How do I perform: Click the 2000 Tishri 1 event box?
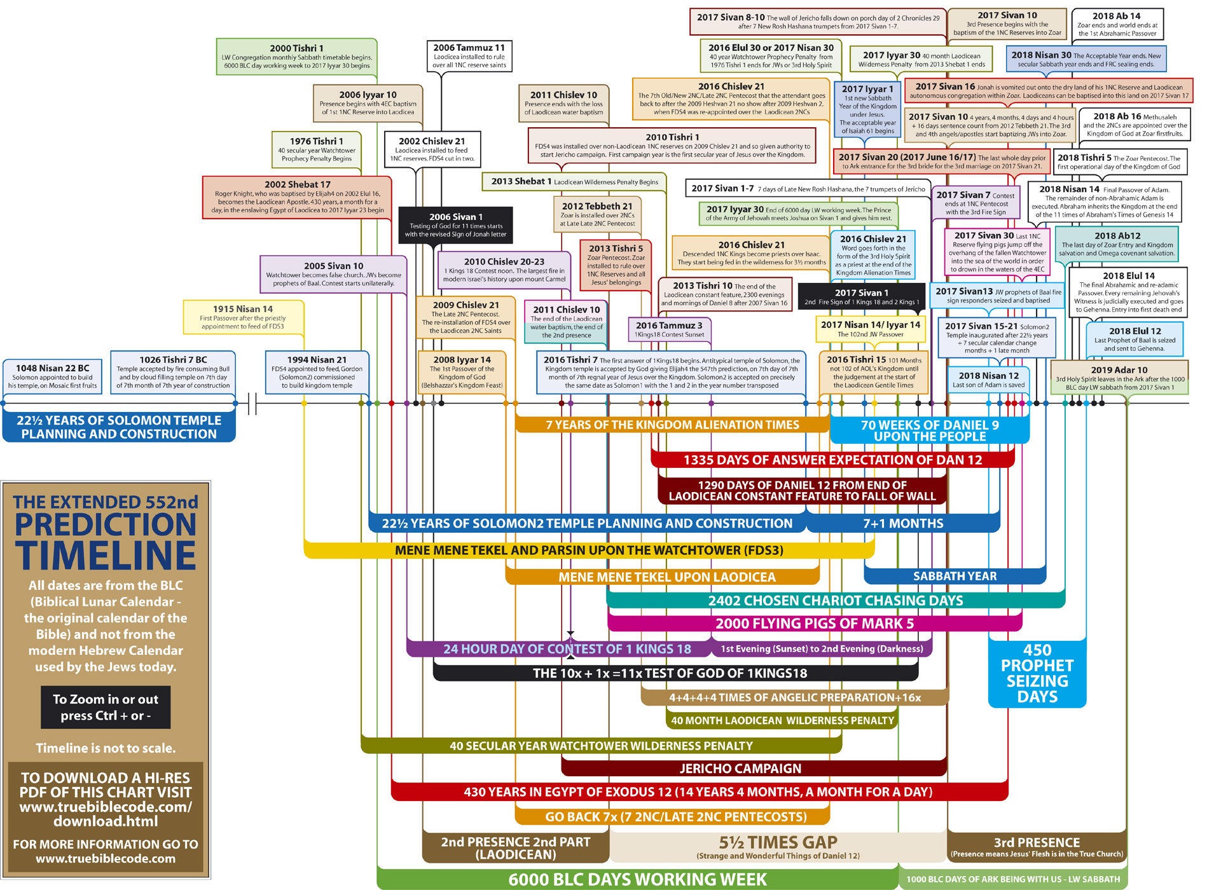pyautogui.click(x=296, y=57)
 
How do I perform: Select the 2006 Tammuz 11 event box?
pyautogui.click(x=469, y=56)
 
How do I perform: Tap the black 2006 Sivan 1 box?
pyautogui.click(x=455, y=226)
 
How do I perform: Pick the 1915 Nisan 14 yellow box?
pyautogui.click(x=243, y=317)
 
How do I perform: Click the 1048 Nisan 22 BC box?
pyautogui.click(x=52, y=376)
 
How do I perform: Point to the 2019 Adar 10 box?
pyautogui.click(x=1119, y=378)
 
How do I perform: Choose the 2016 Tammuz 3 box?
pyautogui.click(x=669, y=329)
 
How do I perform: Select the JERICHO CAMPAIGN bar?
pyautogui.click(x=740, y=769)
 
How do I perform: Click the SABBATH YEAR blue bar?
pyautogui.click(x=955, y=576)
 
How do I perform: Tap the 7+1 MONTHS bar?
pyautogui.click(x=903, y=523)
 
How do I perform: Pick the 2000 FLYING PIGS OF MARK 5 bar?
pyautogui.click(x=814, y=624)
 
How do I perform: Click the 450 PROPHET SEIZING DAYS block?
pyautogui.click(x=1037, y=674)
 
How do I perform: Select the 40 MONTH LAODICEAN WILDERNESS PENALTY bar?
pyautogui.click(x=782, y=720)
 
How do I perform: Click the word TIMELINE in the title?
pyautogui.click(x=106, y=556)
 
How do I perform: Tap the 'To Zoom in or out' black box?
pyautogui.click(x=106, y=707)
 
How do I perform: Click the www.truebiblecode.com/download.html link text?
pyautogui.click(x=106, y=814)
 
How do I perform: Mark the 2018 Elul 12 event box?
pyautogui.click(x=1135, y=339)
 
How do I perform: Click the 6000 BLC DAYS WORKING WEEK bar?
pyautogui.click(x=637, y=879)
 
